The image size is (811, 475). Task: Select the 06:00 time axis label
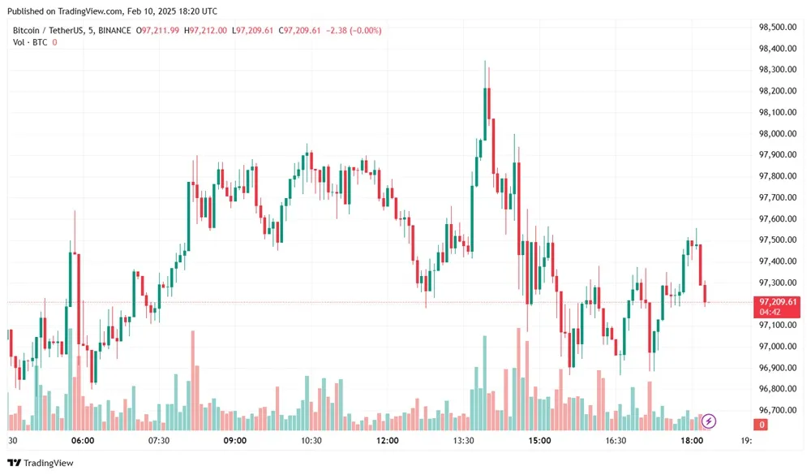click(x=83, y=441)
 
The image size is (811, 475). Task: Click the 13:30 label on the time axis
click(x=464, y=441)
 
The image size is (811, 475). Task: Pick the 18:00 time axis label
click(x=692, y=441)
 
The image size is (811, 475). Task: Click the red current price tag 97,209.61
click(x=778, y=301)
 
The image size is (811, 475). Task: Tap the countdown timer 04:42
click(x=770, y=312)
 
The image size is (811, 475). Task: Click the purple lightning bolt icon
click(x=709, y=421)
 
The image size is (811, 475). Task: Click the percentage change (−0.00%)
click(x=364, y=31)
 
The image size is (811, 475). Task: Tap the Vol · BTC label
click(x=30, y=42)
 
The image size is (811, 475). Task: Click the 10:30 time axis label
click(x=311, y=441)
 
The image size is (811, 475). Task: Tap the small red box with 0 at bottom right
click(x=762, y=425)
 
